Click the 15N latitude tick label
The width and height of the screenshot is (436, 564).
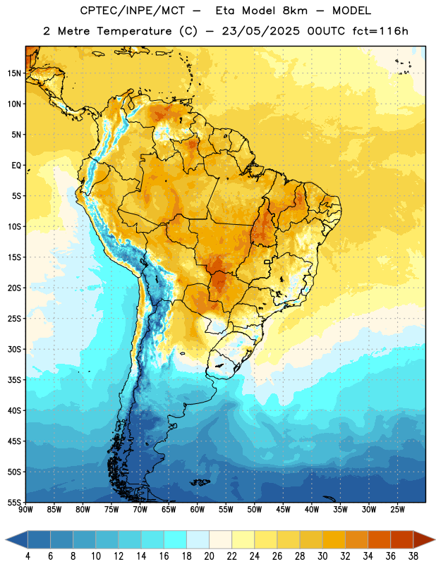(x=14, y=73)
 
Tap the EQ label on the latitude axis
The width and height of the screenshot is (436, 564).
(x=16, y=166)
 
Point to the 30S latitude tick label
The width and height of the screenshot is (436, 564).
(x=14, y=349)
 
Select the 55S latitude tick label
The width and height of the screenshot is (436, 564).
(x=14, y=502)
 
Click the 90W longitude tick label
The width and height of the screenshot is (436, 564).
(x=25, y=510)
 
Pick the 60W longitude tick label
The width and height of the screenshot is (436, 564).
(x=198, y=510)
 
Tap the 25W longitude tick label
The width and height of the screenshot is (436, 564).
(x=397, y=510)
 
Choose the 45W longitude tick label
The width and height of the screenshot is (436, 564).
(x=283, y=510)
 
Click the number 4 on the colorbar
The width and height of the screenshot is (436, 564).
(x=28, y=556)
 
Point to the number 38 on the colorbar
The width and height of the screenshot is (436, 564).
(x=413, y=556)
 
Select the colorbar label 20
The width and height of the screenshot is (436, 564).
(x=209, y=556)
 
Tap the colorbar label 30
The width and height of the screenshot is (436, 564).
(x=322, y=556)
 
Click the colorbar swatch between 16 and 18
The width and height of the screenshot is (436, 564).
(x=176, y=539)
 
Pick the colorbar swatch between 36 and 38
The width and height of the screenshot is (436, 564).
(x=402, y=539)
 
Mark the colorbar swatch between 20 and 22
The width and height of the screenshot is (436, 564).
(x=221, y=539)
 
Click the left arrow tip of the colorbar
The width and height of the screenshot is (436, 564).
(x=6, y=539)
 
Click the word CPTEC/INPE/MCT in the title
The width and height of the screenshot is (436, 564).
(x=132, y=11)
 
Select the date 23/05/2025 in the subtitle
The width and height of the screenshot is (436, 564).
(x=260, y=31)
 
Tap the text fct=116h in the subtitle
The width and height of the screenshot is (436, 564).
(x=380, y=31)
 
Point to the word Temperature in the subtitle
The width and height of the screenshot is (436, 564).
(x=134, y=32)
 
